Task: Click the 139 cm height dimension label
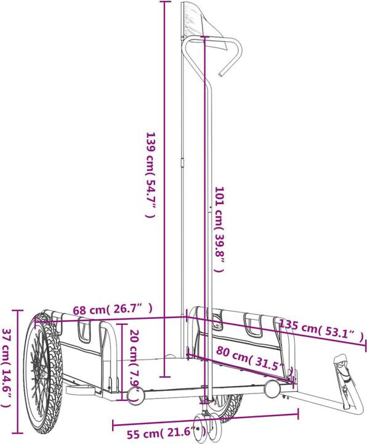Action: [150, 175]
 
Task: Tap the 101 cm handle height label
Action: [219, 229]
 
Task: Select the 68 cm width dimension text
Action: [113, 309]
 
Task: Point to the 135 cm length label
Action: [321, 330]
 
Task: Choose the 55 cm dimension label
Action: [166, 433]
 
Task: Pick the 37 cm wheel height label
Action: [6, 368]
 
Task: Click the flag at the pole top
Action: [204, 25]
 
